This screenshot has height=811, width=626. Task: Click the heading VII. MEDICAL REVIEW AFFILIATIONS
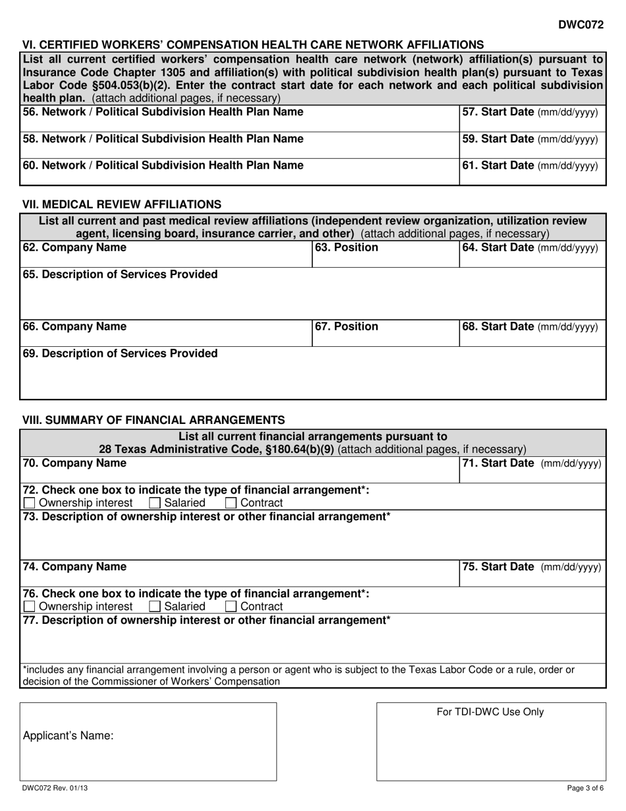pos(122,204)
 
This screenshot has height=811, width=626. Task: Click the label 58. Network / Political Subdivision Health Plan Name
pos(163,138)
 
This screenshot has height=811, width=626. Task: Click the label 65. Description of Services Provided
pos(120,274)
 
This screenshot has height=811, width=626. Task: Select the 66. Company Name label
pos(74,326)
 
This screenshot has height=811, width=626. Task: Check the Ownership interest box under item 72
pos(30,503)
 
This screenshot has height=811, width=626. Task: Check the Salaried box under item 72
pos(155,503)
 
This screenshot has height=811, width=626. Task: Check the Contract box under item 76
pos(231,607)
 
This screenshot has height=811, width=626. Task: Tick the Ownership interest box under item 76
pos(30,607)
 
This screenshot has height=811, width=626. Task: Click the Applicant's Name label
pos(68,736)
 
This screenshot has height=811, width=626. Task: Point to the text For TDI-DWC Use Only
pos(490,711)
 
